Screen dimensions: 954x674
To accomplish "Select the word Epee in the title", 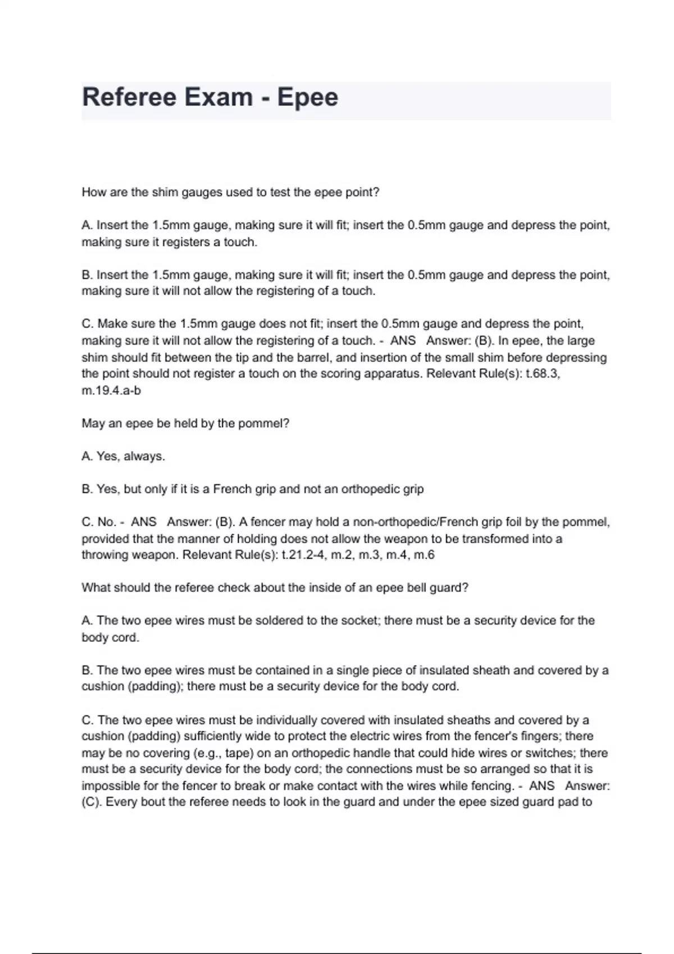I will click(307, 97).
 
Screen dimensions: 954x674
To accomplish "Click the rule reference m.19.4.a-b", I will click(111, 391).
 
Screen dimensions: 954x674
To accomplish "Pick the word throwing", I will click(104, 555).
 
